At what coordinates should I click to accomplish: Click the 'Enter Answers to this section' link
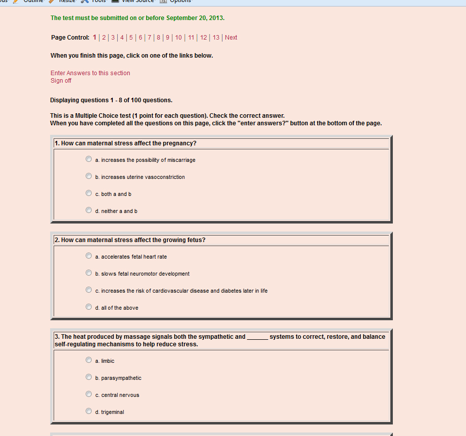point(90,73)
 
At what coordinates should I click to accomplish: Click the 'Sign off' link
point(61,81)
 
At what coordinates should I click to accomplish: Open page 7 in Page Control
point(149,38)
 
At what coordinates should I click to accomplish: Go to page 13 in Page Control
point(216,38)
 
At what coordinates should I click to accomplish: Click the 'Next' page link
point(231,38)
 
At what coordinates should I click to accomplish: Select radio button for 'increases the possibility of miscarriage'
point(89,159)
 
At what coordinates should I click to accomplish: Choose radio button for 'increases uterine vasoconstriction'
point(89,176)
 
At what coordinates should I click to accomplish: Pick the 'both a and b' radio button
point(89,193)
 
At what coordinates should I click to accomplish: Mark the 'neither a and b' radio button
point(89,210)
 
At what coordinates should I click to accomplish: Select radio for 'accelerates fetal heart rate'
point(89,256)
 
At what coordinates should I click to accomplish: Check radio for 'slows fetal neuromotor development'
point(89,273)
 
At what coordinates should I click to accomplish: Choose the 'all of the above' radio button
point(89,307)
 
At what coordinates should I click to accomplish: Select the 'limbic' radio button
point(89,360)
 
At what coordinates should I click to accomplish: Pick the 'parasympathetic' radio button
point(89,377)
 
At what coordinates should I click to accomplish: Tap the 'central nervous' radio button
point(89,394)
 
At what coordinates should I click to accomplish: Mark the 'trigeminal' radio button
point(89,411)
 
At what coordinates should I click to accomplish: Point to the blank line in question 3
point(257,337)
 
